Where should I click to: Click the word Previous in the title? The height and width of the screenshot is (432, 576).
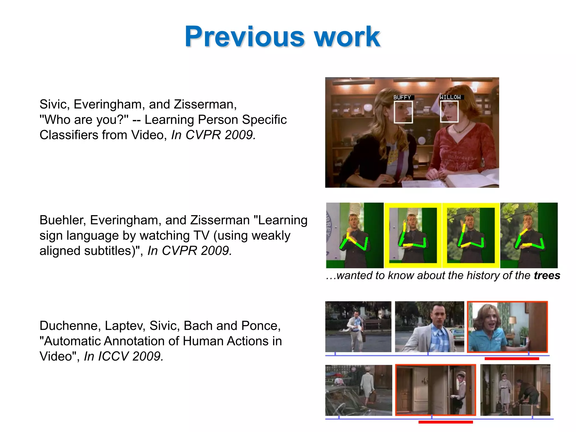click(x=244, y=37)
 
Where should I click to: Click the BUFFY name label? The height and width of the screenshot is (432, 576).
click(x=402, y=97)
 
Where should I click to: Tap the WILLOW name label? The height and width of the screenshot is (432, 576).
click(x=450, y=97)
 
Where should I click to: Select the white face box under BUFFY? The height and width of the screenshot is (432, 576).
click(x=403, y=112)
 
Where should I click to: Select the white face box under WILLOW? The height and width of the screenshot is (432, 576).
click(x=449, y=112)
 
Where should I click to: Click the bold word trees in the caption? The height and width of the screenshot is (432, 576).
click(x=547, y=275)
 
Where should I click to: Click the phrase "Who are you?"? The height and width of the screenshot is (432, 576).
click(x=84, y=120)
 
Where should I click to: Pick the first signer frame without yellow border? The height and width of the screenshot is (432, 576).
click(x=355, y=235)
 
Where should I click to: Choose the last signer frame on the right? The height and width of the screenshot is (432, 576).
click(x=529, y=235)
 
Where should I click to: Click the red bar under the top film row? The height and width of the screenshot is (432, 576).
click(x=512, y=359)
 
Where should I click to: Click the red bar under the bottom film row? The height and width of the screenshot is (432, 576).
click(x=445, y=422)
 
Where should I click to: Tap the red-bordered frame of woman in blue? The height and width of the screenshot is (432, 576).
click(x=507, y=327)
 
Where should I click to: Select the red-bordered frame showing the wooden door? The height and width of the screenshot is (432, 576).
click(x=435, y=390)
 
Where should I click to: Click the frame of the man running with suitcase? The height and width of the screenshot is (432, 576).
click(x=358, y=327)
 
